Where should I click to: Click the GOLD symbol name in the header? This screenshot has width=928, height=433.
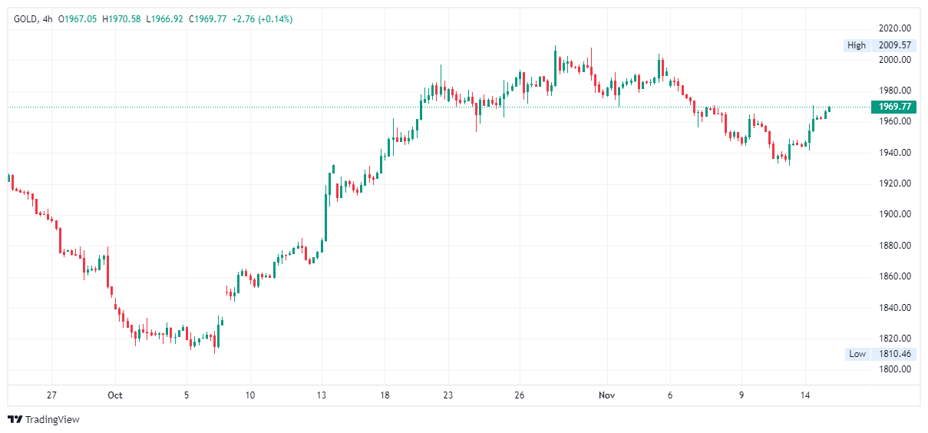(26, 19)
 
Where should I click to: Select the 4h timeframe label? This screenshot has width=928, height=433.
(48, 19)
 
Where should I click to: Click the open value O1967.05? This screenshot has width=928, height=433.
(79, 19)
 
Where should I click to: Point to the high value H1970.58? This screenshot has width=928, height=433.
(122, 19)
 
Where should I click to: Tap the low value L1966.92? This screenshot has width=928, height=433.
(164, 19)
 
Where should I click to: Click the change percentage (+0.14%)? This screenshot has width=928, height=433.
(272, 19)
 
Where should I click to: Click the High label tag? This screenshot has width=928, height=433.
(856, 45)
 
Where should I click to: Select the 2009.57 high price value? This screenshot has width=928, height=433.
(893, 45)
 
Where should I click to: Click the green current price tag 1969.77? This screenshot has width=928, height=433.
(895, 107)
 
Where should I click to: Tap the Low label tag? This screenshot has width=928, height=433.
(857, 354)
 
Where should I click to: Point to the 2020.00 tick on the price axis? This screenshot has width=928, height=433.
(895, 28)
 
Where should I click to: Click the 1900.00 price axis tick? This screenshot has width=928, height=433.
(895, 214)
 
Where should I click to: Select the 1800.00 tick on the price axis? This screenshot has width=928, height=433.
(895, 369)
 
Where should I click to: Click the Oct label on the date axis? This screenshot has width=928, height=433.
(115, 395)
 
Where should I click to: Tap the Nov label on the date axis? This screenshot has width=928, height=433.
(606, 395)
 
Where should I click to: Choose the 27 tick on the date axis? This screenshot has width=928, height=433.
(51, 395)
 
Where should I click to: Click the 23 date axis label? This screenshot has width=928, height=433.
(448, 395)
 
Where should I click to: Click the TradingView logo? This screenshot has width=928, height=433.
(44, 419)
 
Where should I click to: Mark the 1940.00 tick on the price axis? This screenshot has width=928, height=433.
(895, 153)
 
